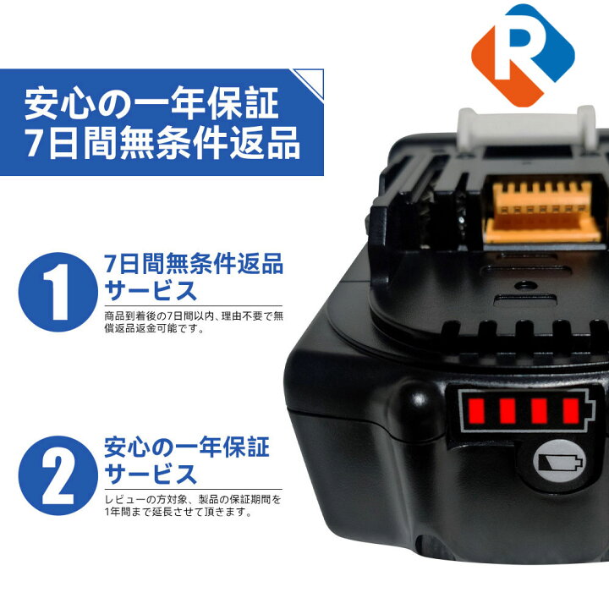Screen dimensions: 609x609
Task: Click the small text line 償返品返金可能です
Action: coord(156,328)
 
